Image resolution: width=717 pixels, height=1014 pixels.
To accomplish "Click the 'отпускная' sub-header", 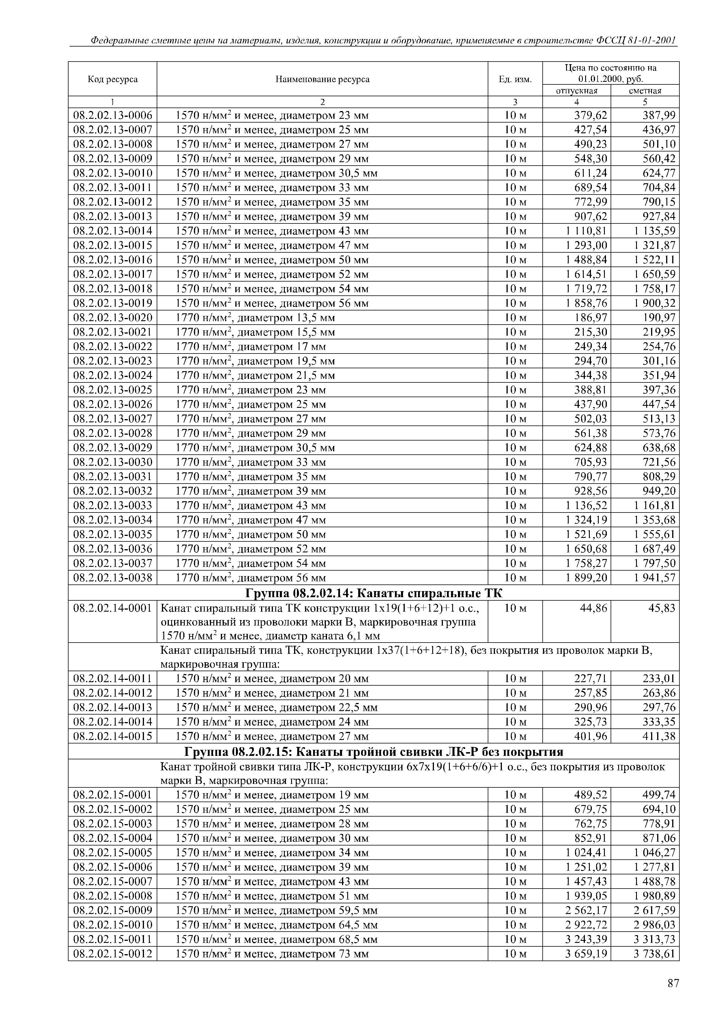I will coord(576,90).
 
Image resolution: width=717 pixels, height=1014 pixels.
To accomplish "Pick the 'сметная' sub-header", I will coord(645,90).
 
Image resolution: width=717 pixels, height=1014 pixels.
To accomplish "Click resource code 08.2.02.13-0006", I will coord(113,116).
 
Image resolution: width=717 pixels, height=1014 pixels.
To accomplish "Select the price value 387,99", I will coord(659,116).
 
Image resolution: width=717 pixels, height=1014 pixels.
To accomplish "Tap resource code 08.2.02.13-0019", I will coord(113,304).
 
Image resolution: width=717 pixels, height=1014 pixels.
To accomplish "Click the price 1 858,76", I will coord(586,304).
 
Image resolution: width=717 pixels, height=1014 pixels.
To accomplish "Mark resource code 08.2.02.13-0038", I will coord(113,578).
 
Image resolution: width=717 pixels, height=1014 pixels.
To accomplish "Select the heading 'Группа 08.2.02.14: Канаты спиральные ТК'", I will coord(374,593).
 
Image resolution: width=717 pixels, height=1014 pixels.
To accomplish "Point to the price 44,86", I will coord(593,608).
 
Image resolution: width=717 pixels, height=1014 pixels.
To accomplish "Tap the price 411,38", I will coord(659,736).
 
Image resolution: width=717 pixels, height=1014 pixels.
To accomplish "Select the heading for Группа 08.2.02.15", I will coord(374,751).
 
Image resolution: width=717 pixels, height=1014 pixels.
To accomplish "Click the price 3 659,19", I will coord(586,954).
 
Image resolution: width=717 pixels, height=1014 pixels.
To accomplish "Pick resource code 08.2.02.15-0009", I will coord(113,911).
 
